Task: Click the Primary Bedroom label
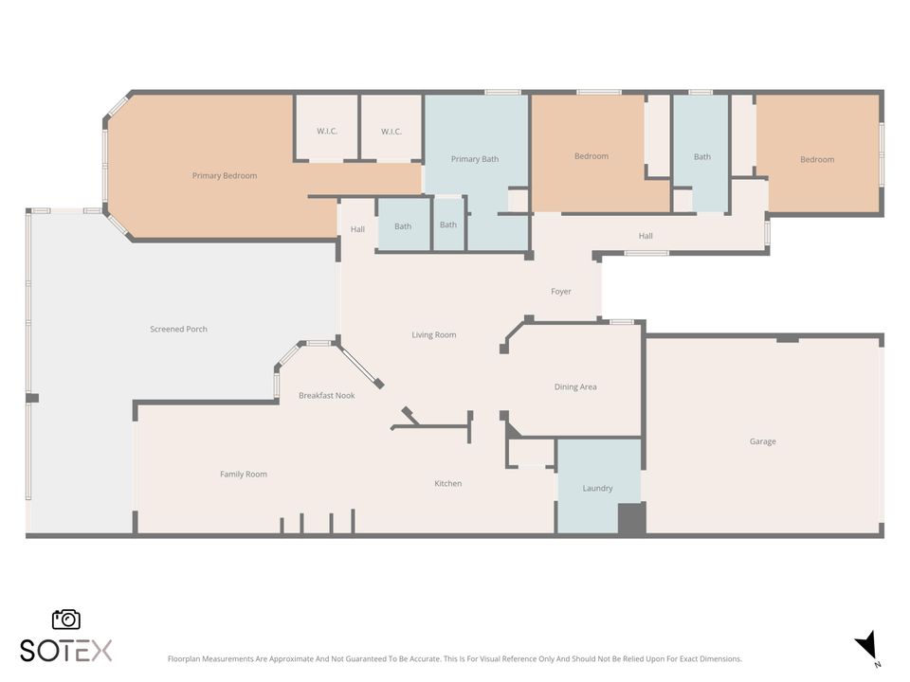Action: pos(225,175)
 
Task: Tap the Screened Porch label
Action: pos(178,329)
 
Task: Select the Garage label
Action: pos(762,441)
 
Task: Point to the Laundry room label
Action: pos(597,488)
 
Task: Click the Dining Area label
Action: pos(575,386)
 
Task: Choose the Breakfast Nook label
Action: pos(326,395)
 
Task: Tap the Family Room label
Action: pos(244,474)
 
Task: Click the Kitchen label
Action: pos(448,483)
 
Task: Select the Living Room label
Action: pos(434,334)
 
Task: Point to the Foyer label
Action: pos(561,291)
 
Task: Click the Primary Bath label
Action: pos(475,159)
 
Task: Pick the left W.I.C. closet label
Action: pos(327,131)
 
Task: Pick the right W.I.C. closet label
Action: pos(391,131)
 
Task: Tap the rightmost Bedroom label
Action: pos(817,159)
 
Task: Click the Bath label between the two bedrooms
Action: pos(701,156)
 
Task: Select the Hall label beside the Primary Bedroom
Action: pos(357,229)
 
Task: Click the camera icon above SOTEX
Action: pos(66,619)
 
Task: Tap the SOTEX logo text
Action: pos(66,651)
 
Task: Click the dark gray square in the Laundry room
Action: pos(631,519)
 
